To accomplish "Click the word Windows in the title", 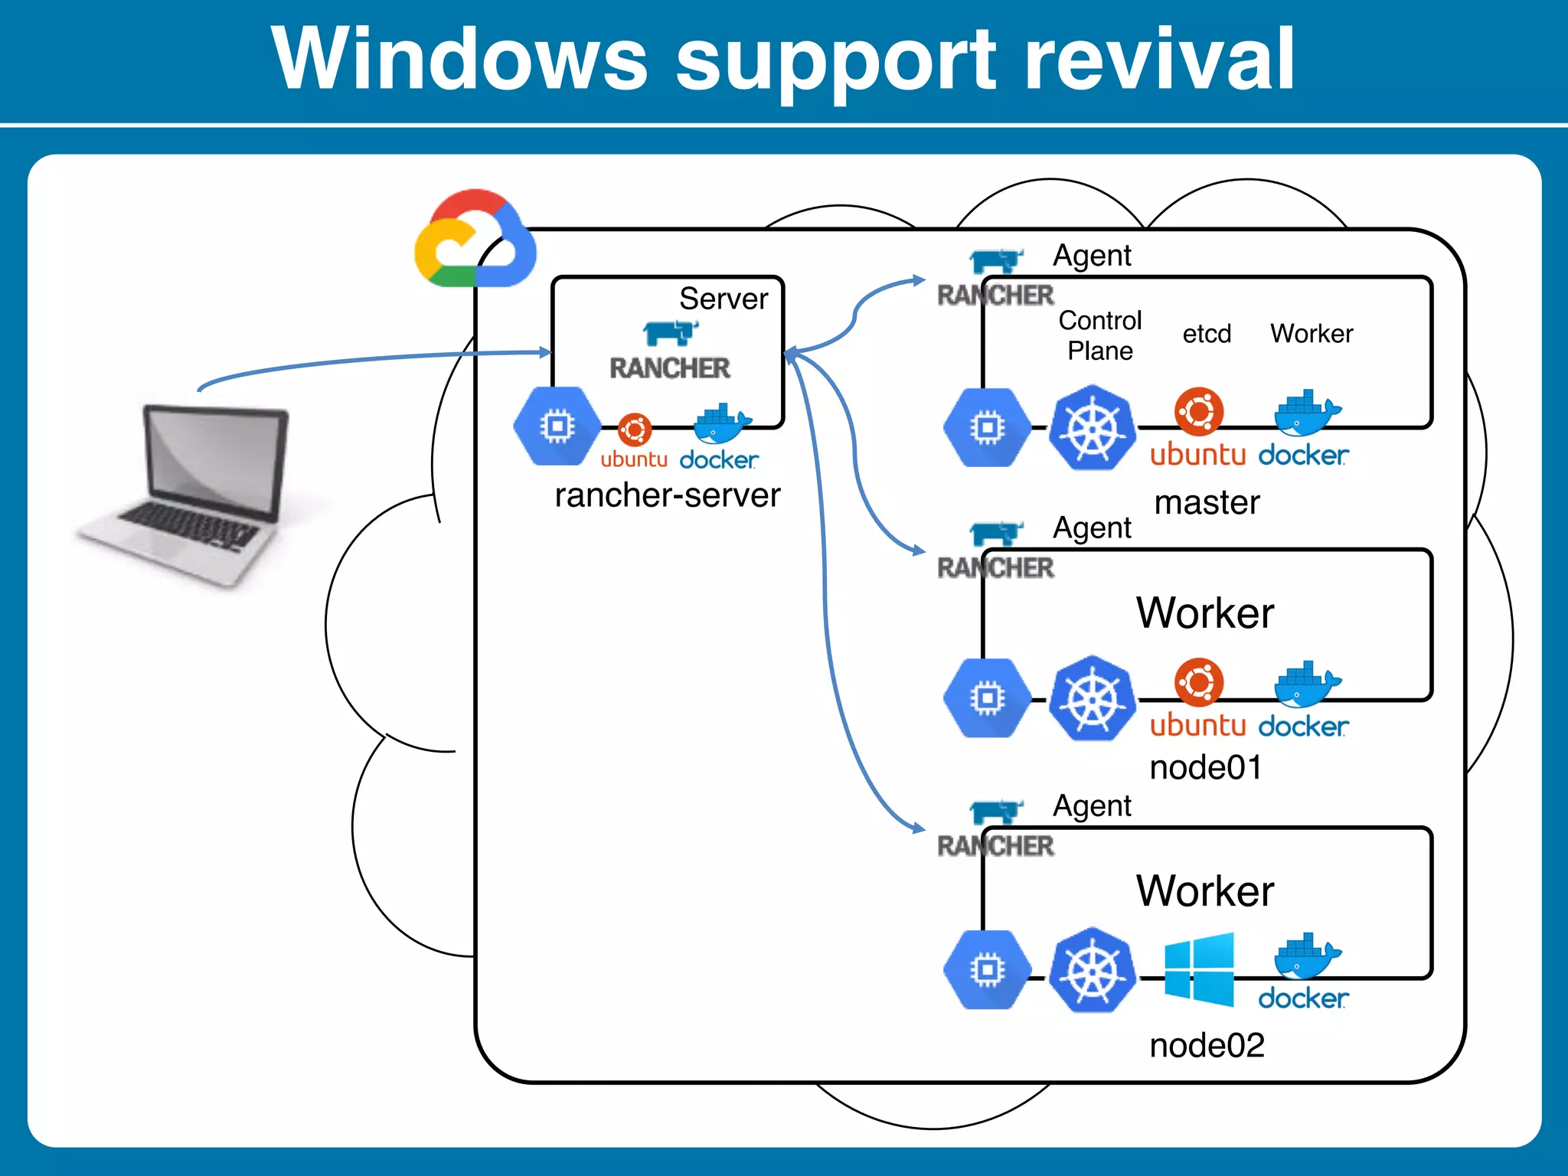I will (459, 60).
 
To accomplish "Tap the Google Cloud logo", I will (475, 239).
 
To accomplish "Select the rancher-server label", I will (667, 495).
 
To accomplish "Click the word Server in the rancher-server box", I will (723, 299).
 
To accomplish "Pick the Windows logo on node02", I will (1199, 969).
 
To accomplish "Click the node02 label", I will (1207, 1045).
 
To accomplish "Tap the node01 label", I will (1206, 767).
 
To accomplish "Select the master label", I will (1207, 503).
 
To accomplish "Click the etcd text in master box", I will (1207, 334).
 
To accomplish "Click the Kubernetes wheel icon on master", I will (1093, 428).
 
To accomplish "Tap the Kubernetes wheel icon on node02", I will (1093, 970).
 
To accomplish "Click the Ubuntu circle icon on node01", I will (1199, 681).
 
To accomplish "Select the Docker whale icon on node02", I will (1306, 956).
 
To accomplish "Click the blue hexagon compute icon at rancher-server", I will (557, 426).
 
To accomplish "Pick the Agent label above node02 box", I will (1092, 806).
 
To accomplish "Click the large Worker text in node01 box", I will (1205, 612).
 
